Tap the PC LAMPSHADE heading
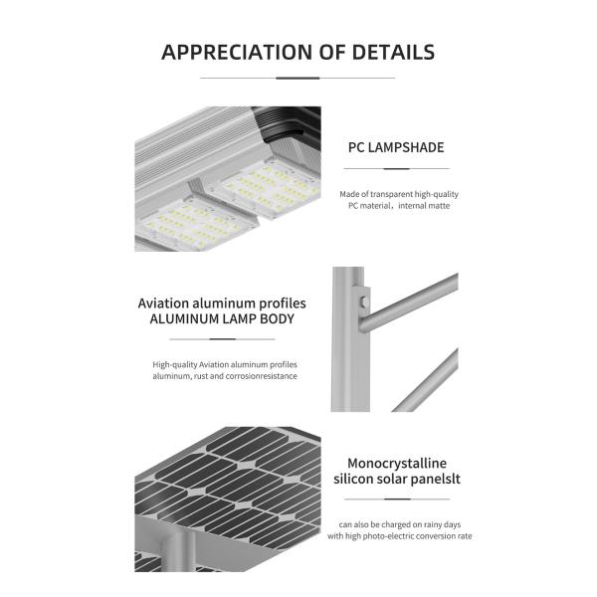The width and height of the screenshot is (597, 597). (x=396, y=147)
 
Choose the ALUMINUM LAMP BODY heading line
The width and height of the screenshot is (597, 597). (x=222, y=319)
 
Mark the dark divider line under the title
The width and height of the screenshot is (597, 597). (x=298, y=78)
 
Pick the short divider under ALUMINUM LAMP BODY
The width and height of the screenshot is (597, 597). (x=222, y=339)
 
